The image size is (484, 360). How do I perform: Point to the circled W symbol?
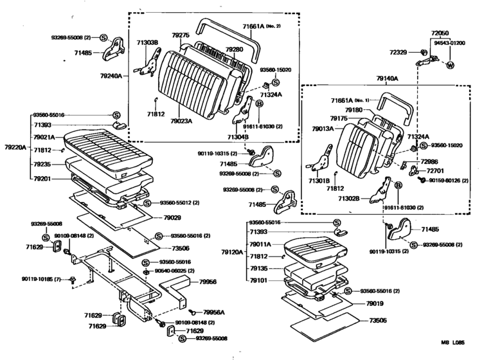450,65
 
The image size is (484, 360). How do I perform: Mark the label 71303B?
147,43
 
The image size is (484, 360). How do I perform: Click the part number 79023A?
182,120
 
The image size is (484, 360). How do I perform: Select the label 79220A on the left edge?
15,147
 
